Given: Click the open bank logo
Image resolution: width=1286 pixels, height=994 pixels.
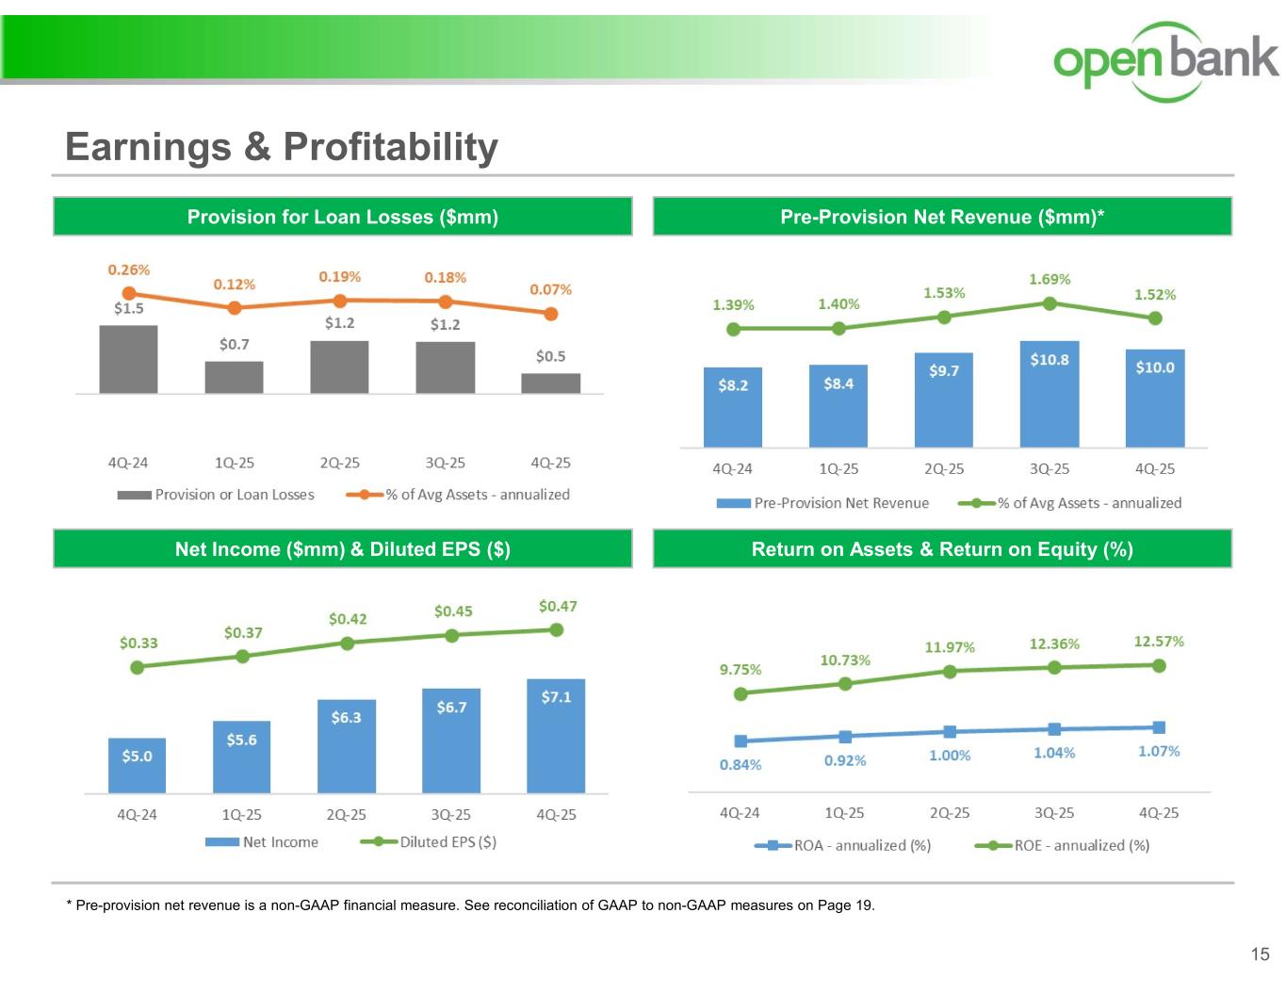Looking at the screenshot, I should [x=1165, y=60].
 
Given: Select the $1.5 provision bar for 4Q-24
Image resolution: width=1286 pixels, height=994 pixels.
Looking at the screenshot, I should [x=128, y=359].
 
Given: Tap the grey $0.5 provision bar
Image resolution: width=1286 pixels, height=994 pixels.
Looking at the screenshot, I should [x=551, y=383].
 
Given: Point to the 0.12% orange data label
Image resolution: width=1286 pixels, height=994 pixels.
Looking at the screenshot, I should [x=234, y=285].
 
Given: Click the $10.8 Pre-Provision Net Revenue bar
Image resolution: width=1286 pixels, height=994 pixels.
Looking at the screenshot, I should [x=1049, y=394].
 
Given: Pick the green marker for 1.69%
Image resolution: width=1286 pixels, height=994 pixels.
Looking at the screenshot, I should [x=1050, y=303].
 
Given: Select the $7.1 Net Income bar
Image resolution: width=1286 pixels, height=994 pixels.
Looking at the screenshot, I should [x=556, y=735].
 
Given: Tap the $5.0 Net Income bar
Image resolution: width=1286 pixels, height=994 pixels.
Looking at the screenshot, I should [x=137, y=765].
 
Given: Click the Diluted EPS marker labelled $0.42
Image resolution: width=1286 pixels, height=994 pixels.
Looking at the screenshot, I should [x=347, y=644].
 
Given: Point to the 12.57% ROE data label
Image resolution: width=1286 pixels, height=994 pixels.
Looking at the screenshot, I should [x=1159, y=642].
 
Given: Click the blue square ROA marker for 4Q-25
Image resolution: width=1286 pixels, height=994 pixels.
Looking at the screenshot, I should [x=1159, y=727].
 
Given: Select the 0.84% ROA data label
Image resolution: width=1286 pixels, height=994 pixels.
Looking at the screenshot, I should [x=741, y=765].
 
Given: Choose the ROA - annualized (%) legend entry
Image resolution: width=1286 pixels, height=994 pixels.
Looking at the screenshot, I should [x=843, y=846].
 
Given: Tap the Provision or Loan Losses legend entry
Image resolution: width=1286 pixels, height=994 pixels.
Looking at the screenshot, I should [x=216, y=495].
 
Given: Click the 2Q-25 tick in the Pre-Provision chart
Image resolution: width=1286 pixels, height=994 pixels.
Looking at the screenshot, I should [x=944, y=469].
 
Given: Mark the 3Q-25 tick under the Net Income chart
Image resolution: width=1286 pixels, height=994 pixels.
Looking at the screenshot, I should [x=450, y=815].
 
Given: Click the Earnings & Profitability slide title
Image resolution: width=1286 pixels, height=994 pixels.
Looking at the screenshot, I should [x=282, y=147].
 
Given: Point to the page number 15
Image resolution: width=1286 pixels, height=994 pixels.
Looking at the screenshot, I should [x=1260, y=955].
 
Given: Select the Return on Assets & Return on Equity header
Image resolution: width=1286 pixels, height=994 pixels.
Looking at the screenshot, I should [x=942, y=549].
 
